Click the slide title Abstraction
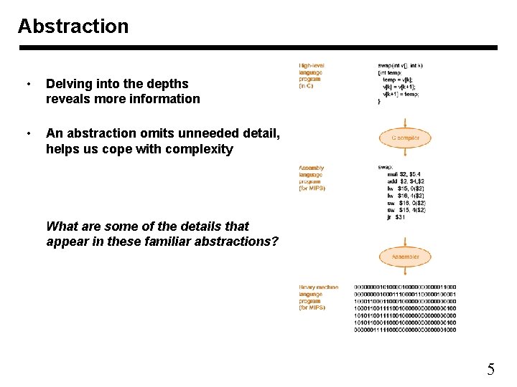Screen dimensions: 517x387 (73, 27)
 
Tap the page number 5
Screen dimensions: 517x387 (490, 370)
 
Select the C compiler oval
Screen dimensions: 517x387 (405, 137)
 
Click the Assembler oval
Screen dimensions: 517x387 (405, 257)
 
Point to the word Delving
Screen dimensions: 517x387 (69, 83)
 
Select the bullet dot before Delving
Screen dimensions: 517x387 (27, 84)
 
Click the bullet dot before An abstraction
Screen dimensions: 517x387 (27, 133)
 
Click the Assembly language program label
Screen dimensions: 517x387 (312, 178)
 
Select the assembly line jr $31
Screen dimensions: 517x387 (396, 216)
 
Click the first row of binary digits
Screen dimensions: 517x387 (404, 287)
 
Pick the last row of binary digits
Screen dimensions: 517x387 (404, 330)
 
